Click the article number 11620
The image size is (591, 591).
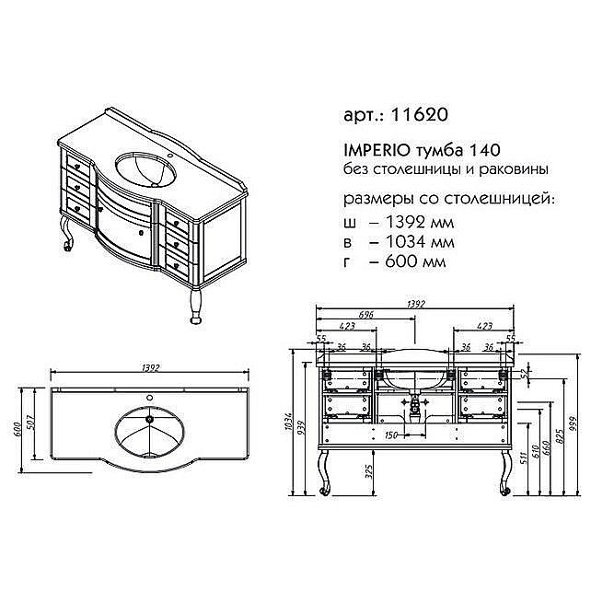(x=422, y=117)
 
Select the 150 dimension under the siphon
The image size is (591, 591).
(x=392, y=434)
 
